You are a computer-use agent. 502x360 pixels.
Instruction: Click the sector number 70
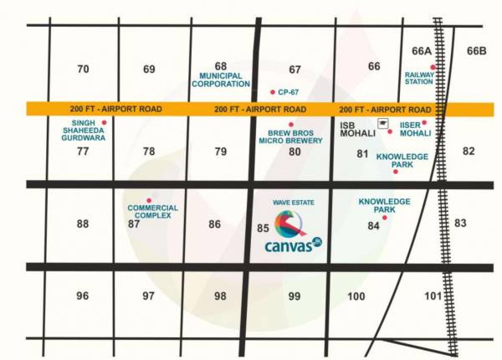[82, 69]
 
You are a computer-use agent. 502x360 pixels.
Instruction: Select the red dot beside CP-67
[273, 91]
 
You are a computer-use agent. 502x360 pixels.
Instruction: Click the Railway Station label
[419, 78]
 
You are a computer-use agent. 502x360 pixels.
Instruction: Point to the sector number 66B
[476, 51]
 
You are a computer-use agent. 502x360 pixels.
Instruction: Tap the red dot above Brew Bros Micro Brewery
[291, 124]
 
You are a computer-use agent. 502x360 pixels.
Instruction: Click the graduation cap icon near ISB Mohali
[382, 123]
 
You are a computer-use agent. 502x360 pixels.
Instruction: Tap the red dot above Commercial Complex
[149, 200]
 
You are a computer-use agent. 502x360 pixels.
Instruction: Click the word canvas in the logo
[287, 246]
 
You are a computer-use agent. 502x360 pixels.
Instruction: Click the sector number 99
[294, 296]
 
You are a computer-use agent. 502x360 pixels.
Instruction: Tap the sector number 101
[433, 296]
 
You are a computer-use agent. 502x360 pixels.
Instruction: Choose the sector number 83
[460, 224]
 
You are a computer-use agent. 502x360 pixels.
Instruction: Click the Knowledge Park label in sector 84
[384, 205]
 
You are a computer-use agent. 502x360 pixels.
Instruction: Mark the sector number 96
[82, 296]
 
